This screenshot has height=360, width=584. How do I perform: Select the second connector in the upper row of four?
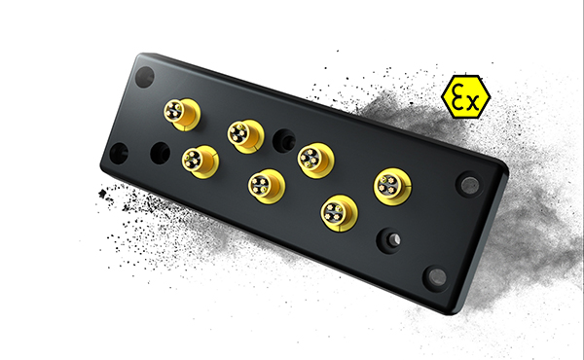[x=244, y=135]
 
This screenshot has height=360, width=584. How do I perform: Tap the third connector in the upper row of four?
[x=314, y=158]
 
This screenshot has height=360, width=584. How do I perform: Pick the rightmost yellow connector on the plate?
[x=391, y=185]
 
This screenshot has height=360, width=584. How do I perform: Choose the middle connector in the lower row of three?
[x=265, y=184]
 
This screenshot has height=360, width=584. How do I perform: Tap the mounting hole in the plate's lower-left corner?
[x=120, y=152]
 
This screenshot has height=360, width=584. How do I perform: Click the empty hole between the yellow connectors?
[x=282, y=138]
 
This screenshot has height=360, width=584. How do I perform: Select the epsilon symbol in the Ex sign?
[x=456, y=93]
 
